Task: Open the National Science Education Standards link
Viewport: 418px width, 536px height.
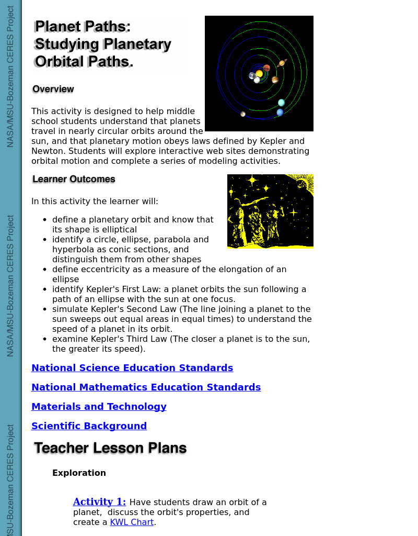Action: pos(132,368)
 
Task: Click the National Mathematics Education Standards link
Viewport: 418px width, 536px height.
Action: pos(146,387)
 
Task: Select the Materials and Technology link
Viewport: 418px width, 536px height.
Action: pos(99,407)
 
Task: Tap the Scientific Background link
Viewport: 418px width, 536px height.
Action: pos(89,426)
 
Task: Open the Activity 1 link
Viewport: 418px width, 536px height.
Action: pos(99,502)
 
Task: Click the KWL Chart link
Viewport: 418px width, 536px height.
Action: pos(132,522)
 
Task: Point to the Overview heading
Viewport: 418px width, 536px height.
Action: pos(53,90)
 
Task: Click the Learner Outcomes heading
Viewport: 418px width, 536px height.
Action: pos(74,180)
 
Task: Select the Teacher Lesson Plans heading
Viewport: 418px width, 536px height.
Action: pos(110,449)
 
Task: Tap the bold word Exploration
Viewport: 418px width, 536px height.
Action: pos(79,473)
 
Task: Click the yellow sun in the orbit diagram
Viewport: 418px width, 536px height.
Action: pos(259,73)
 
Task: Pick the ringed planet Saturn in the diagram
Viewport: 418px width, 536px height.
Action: pos(282,63)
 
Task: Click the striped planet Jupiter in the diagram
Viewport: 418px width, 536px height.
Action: pos(275,80)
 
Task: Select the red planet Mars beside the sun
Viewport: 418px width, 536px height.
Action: pos(266,68)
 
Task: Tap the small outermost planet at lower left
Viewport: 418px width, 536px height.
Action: pos(243,114)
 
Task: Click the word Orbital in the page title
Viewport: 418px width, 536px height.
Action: pos(59,62)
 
